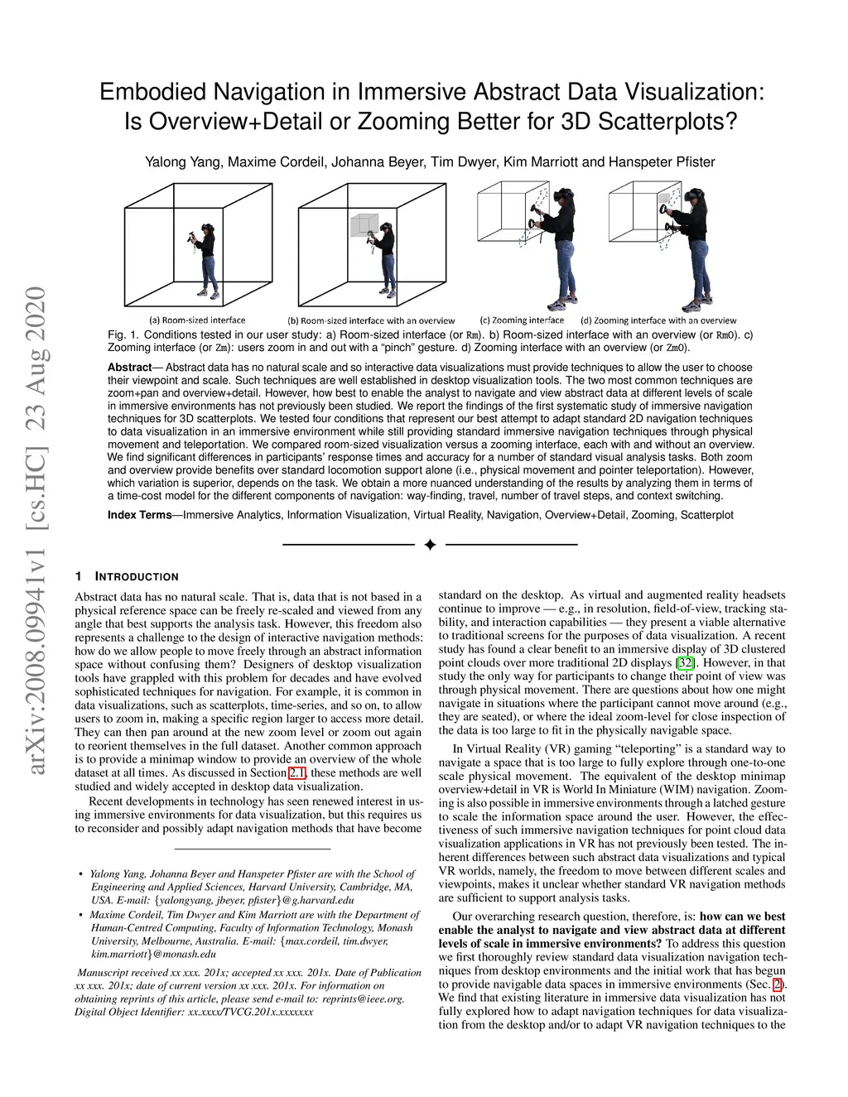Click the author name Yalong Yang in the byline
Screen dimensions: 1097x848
[182, 161]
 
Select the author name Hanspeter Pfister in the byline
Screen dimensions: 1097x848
[662, 161]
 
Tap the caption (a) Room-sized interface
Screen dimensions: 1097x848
[197, 320]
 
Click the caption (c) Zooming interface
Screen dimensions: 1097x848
[522, 320]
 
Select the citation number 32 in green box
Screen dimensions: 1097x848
[686, 662]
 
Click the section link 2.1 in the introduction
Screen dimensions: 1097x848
[296, 772]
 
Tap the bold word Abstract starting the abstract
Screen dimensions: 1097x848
[129, 367]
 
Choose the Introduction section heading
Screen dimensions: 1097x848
[137, 576]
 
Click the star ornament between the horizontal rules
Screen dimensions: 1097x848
[430, 545]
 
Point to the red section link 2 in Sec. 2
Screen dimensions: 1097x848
[777, 984]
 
